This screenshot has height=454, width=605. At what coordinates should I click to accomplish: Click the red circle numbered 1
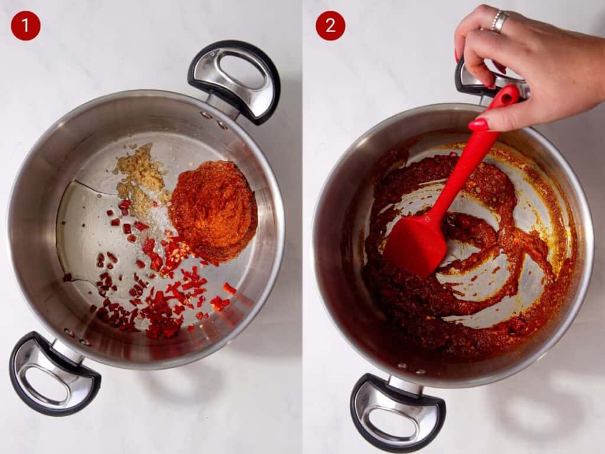pos(25,26)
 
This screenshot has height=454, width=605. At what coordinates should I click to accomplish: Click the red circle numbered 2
pos(330,26)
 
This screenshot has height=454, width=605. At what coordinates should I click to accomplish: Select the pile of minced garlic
pos(141,175)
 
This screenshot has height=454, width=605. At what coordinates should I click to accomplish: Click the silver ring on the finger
pos(499,21)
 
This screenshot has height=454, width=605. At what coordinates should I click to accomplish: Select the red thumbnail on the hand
pos(479,124)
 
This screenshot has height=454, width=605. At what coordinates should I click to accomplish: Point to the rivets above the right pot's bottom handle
pos(411,368)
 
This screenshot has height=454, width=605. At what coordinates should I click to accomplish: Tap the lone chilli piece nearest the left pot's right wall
pos(230,288)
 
